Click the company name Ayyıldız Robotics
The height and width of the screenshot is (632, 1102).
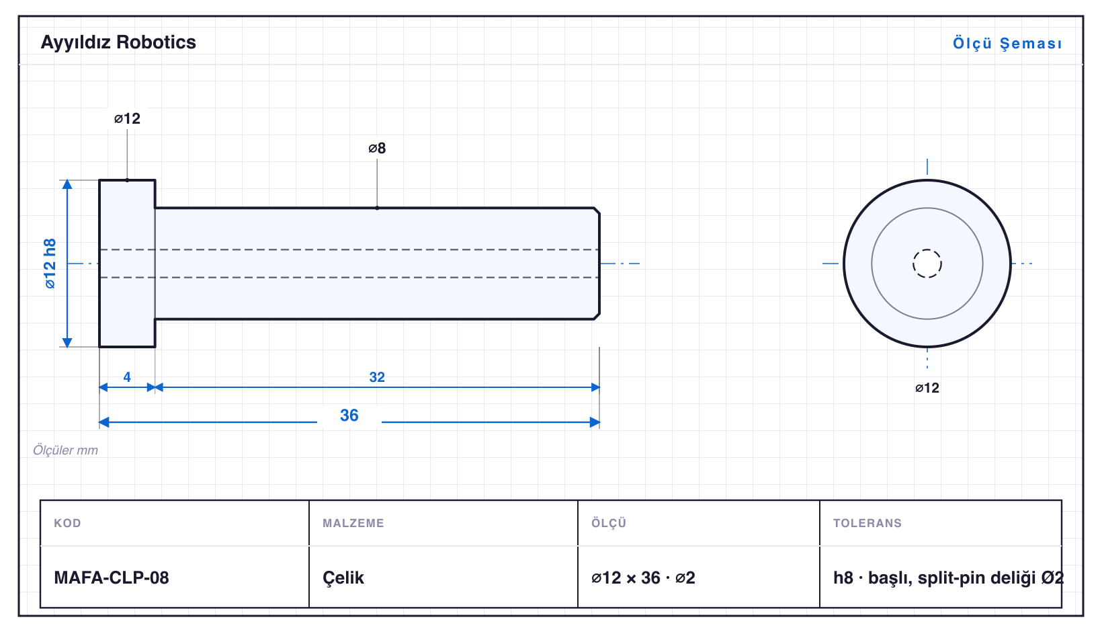[x=118, y=42]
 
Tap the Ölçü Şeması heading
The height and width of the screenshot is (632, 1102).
[x=1007, y=43]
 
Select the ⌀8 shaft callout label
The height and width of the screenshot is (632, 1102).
[x=377, y=148]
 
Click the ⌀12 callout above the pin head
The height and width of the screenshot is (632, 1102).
[x=127, y=118]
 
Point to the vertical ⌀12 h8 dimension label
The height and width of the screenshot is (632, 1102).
[x=50, y=264]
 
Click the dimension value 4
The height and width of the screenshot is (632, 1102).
[x=127, y=377]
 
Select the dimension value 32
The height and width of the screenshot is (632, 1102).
[x=377, y=377]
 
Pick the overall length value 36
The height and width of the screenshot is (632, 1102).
[x=349, y=416]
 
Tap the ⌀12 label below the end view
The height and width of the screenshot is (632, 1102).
[x=927, y=389]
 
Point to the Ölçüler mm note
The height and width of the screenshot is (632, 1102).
[x=65, y=450]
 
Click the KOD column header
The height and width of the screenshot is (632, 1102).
[x=67, y=522]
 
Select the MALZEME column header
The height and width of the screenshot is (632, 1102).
[x=353, y=522]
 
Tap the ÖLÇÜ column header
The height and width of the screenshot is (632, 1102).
[x=609, y=522]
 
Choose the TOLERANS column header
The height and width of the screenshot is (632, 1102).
[x=867, y=522]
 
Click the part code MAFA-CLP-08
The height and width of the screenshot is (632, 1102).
[x=111, y=578]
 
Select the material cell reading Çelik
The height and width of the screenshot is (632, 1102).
[x=343, y=578]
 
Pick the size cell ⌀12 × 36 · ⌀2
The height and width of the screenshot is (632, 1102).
[x=643, y=578]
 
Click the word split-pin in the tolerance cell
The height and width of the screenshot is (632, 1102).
[x=951, y=578]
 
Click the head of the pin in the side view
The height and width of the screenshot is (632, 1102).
[x=127, y=264]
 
